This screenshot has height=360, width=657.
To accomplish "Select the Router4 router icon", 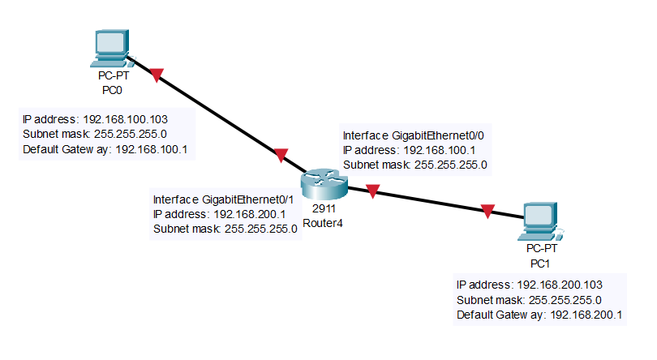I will tap(323, 184).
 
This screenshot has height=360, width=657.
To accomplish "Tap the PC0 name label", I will tap(111, 89).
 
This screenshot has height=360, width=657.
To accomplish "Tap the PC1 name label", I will tap(541, 263).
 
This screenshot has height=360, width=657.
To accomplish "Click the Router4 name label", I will tap(323, 223).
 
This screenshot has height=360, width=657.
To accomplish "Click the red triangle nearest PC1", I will tap(487, 212).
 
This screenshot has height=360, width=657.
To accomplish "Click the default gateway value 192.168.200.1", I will tap(586, 315).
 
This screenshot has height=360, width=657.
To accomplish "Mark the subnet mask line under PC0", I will tap(94, 135).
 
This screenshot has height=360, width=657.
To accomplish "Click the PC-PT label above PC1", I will tap(541, 249).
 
